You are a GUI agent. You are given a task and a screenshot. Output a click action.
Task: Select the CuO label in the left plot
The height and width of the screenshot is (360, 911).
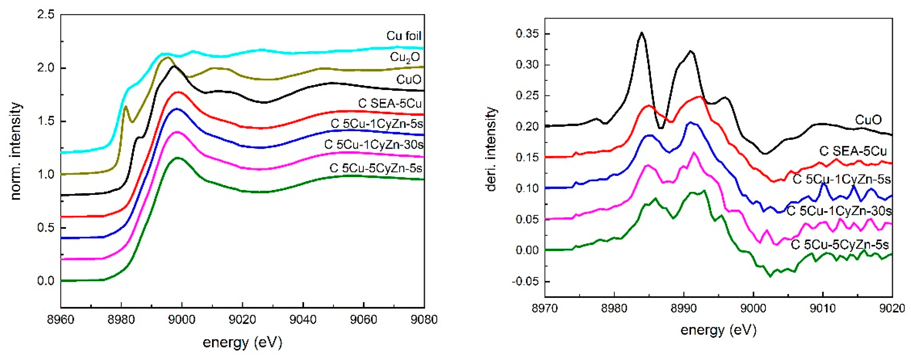[409, 80]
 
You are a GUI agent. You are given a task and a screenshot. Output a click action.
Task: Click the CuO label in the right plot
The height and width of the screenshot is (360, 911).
[868, 120]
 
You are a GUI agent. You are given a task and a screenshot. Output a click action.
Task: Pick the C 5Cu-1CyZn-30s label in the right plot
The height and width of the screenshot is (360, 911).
[839, 211]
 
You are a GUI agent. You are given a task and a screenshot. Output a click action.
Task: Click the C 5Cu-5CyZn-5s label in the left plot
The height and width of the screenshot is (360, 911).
[376, 168]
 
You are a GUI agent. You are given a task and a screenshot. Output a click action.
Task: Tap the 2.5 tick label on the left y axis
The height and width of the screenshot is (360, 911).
[46, 15]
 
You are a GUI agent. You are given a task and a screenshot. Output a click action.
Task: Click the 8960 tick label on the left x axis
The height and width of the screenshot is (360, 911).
[60, 320]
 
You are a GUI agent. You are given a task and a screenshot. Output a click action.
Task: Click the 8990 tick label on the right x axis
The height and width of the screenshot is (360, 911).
[684, 308]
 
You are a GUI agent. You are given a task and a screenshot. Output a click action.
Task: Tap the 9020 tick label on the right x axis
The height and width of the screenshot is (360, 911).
[892, 308]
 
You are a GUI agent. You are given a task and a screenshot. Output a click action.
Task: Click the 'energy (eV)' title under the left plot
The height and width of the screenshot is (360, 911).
[242, 342]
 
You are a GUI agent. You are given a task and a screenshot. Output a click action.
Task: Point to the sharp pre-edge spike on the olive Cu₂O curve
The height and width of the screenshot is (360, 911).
[125, 106]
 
